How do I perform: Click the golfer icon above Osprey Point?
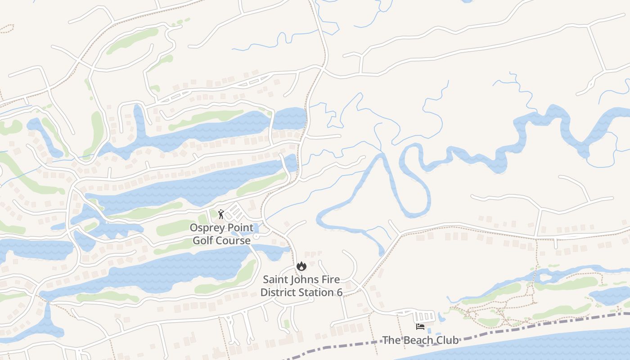220,214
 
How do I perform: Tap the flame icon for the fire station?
301,266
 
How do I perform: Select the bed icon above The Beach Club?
420,327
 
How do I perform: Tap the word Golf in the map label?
202,241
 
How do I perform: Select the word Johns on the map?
303,279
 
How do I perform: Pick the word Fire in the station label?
331,279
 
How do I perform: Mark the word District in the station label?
278,292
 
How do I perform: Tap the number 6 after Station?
339,292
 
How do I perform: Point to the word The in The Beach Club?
391,340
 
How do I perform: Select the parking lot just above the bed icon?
425,316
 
